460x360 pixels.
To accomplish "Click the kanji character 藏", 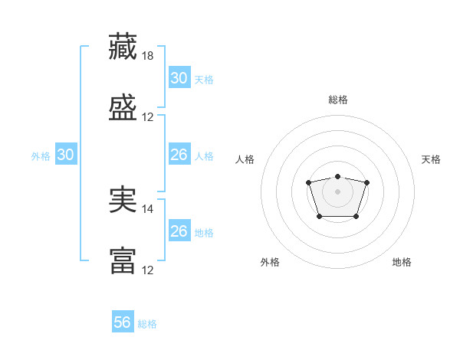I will [123, 47].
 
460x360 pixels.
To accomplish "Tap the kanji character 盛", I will [123, 108].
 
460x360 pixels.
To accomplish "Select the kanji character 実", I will [123, 200].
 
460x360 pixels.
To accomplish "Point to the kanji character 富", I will [123, 261].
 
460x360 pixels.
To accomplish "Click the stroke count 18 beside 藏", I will [148, 56].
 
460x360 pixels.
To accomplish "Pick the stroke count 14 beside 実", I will [148, 209].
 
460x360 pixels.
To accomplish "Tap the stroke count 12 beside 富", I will [148, 270].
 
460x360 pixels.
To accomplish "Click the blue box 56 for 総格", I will [123, 322].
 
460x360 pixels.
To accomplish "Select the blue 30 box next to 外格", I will [65, 155].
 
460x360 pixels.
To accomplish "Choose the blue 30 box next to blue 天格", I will [179, 78].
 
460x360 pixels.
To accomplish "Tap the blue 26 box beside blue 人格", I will [179, 155].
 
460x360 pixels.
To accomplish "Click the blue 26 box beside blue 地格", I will [179, 231].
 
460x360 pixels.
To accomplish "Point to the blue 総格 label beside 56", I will [148, 324].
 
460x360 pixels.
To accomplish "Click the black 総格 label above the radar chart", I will [337, 100].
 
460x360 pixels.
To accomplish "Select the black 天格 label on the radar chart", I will [432, 159].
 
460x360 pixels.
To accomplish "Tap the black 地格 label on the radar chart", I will [402, 262].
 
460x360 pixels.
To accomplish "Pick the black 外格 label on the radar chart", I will [270, 262].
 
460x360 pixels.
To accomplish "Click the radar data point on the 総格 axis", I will [337, 177].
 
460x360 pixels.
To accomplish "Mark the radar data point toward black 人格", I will [308, 182].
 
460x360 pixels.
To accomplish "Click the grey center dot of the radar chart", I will [337, 191].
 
